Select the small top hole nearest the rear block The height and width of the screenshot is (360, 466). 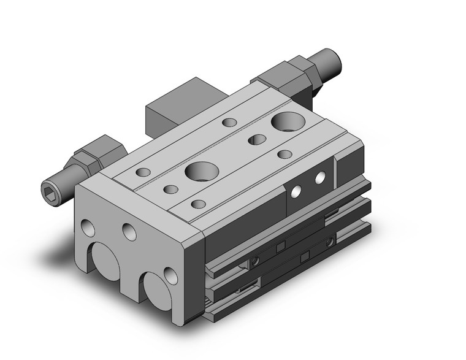230,123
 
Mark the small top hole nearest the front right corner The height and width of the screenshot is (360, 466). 284,155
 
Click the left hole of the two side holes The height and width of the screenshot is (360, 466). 296,191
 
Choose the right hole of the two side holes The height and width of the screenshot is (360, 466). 319,178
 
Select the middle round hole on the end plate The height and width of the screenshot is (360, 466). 129,232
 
